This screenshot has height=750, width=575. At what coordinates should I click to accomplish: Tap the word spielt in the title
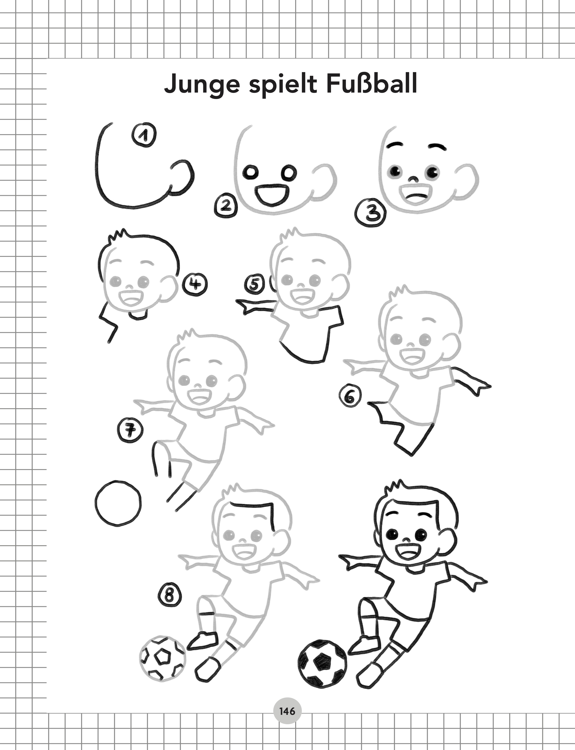click(283, 85)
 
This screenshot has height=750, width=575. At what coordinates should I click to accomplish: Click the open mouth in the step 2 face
click(272, 195)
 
